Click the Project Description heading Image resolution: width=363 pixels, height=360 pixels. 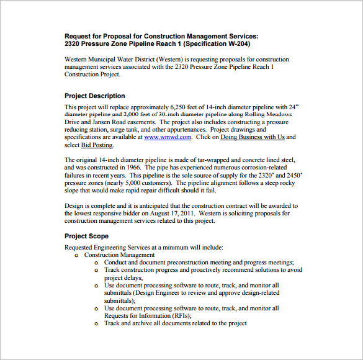click(94, 96)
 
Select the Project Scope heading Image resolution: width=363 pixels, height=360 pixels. click(86, 236)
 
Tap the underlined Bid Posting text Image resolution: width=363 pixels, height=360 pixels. click(97, 145)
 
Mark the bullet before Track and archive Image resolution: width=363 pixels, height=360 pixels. click(96, 323)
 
